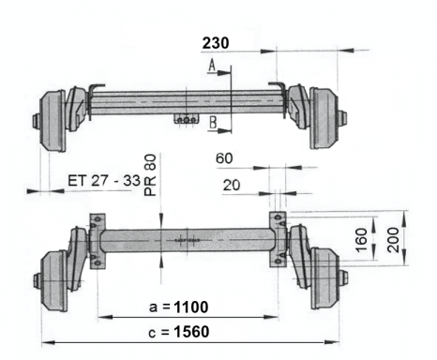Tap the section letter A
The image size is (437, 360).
point(213,65)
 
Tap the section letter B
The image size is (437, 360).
point(214,122)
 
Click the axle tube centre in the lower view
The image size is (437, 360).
point(187,241)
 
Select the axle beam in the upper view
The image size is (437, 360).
point(188,99)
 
